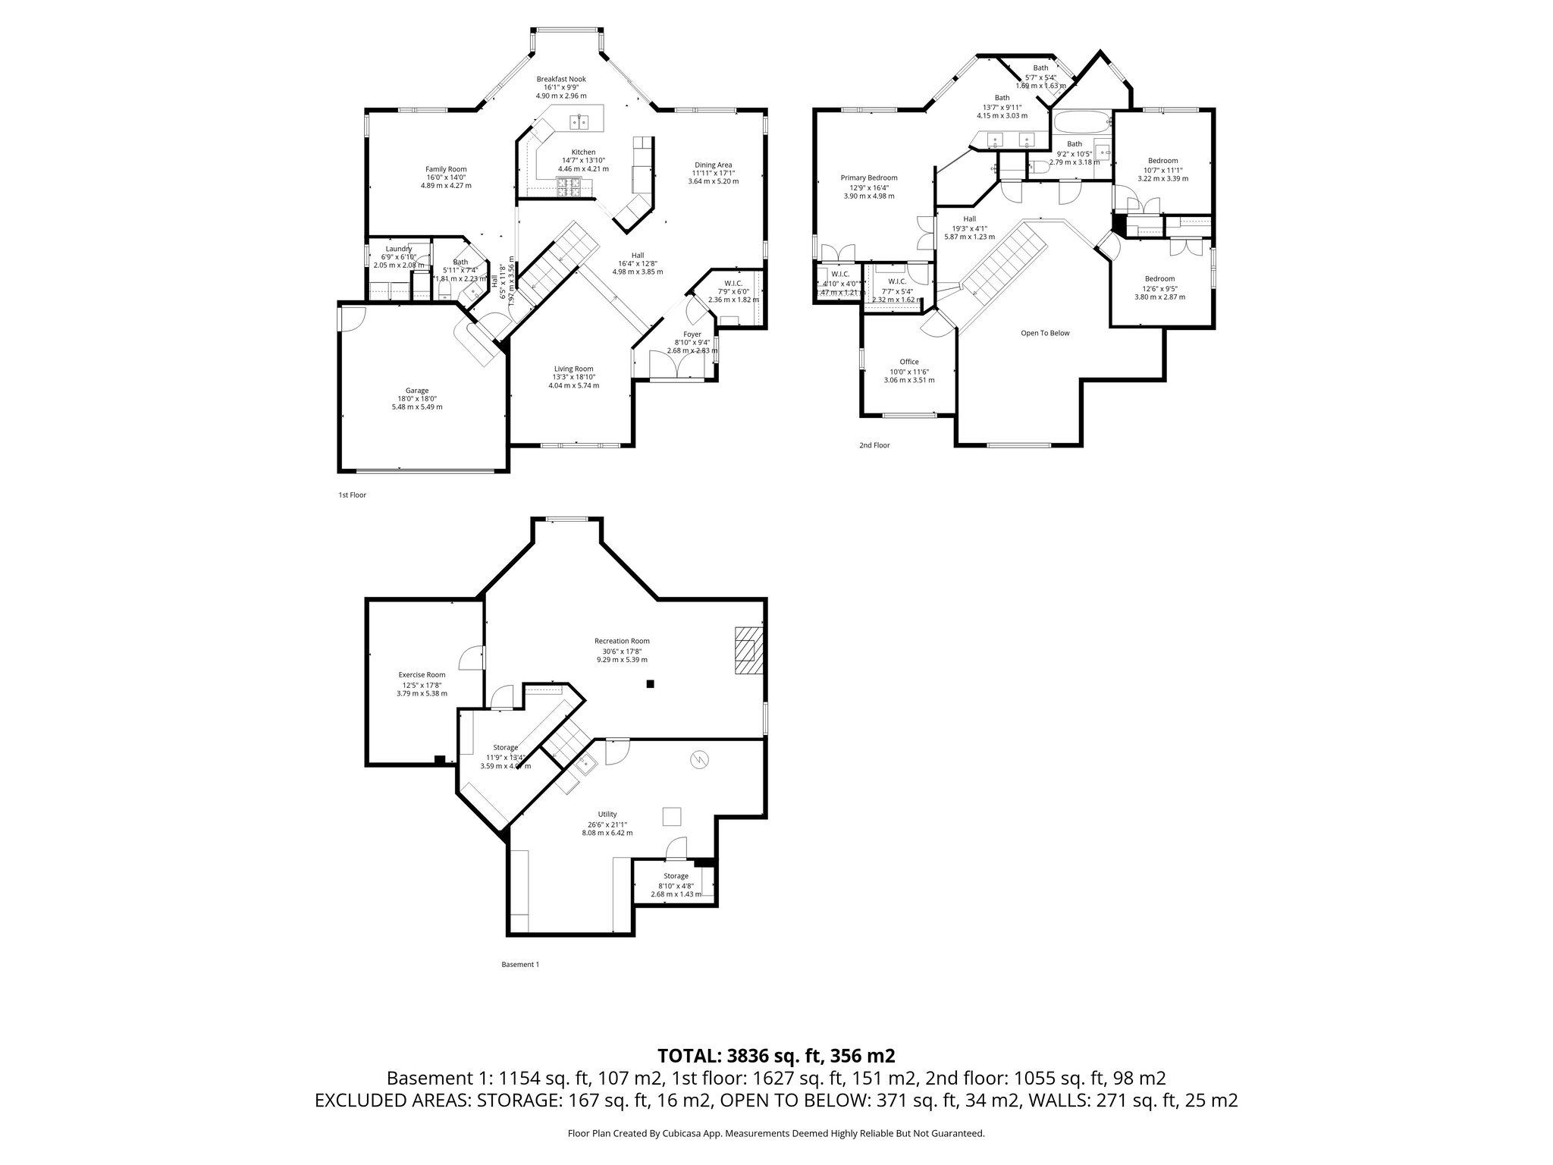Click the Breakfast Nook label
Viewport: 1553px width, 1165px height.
pos(561,79)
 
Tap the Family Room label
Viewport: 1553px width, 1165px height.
pos(446,169)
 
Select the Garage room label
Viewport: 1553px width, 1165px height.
pos(416,391)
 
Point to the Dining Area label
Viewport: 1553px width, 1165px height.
pos(713,165)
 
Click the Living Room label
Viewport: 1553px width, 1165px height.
pos(573,369)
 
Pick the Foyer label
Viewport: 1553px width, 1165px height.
pos(692,334)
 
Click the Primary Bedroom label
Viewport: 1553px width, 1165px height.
pos(868,177)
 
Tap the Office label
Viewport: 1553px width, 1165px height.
pos(908,362)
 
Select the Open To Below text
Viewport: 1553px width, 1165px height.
pos(1044,333)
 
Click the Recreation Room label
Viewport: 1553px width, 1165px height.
pos(621,641)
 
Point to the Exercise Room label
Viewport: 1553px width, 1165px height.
pos(422,674)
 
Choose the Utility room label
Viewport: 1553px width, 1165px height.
pos(607,814)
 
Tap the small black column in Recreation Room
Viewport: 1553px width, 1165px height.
pos(650,683)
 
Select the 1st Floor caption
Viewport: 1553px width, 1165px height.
pos(352,495)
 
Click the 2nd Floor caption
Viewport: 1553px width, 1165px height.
pos(874,445)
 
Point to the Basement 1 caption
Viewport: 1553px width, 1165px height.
pos(519,965)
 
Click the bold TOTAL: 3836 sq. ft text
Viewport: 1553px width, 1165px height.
pos(776,1055)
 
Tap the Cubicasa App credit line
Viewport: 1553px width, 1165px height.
pos(776,1133)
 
